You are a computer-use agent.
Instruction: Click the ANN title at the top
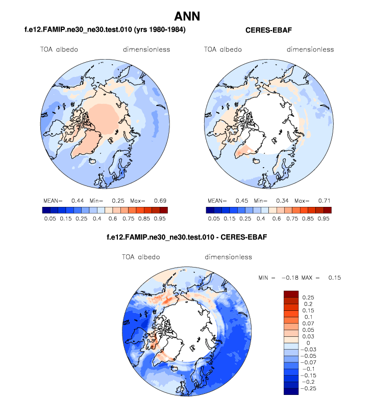187,16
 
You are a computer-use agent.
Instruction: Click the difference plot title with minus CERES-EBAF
187,237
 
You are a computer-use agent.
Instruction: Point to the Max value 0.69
160,200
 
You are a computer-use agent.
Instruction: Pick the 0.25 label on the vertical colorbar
308,297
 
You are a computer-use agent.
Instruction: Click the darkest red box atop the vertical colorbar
291,294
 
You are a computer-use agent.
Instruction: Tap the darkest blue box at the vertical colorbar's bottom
291,391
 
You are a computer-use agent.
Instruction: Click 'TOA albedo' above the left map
59,49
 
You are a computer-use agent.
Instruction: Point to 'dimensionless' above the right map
310,49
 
